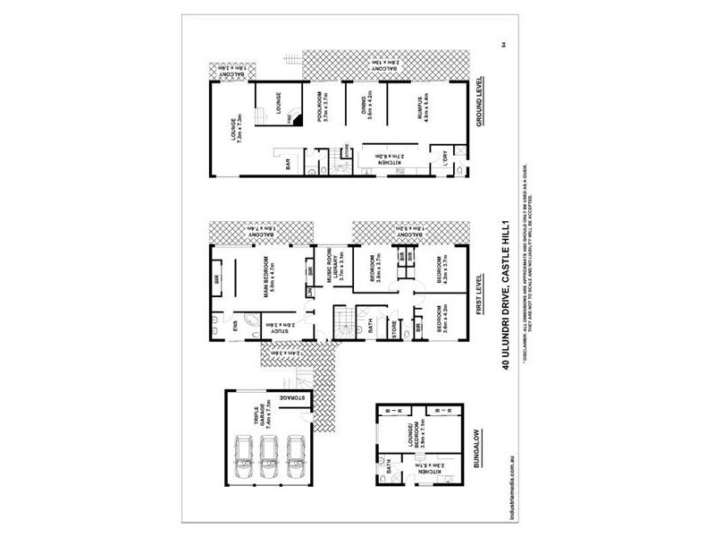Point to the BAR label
click(x=288, y=165)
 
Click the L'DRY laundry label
click(x=444, y=158)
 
